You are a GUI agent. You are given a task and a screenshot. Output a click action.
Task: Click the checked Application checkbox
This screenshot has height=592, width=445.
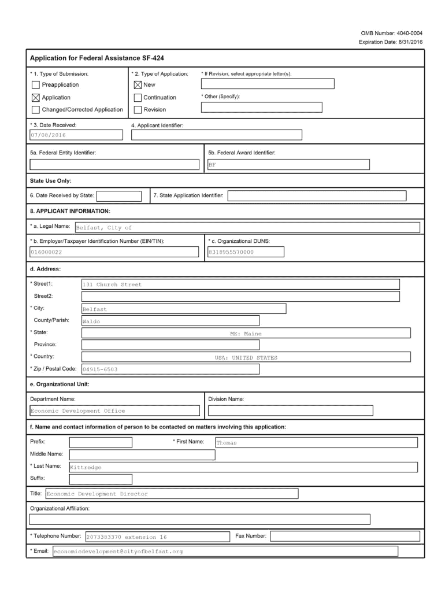pos(36,97)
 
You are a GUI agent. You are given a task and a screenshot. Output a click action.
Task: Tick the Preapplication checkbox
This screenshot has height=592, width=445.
pos(36,85)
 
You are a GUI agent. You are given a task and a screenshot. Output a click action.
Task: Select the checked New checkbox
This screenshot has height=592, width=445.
pos(138,85)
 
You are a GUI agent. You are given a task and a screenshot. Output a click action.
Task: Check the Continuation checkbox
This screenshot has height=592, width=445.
pos(138,97)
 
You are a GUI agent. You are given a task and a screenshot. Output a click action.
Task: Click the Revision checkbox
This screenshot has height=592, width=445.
pos(138,109)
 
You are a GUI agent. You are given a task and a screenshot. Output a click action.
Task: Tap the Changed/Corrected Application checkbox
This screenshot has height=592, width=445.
pos(36,109)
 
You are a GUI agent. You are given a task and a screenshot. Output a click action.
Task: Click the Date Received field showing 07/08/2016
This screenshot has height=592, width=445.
pos(75,135)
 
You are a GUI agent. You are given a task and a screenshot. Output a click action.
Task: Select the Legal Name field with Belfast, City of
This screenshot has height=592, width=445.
pos(247,227)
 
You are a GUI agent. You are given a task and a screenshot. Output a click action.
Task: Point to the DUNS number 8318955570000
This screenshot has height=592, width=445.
pos(245,251)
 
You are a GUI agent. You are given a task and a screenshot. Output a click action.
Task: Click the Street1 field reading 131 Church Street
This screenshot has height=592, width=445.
pos(240,284)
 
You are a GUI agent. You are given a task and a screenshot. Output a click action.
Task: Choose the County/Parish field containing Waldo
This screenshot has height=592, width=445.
pos(170,321)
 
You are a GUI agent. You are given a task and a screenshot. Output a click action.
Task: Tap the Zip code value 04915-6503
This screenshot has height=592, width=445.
pos(170,369)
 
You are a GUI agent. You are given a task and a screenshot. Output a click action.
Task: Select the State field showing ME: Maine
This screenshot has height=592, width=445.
pos(246,333)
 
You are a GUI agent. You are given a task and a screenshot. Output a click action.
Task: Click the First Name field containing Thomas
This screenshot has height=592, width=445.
pos(316,443)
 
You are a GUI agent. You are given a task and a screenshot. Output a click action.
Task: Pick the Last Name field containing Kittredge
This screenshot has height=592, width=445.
pos(243,467)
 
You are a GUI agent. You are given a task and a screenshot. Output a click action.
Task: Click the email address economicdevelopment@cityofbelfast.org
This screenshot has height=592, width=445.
pos(225,551)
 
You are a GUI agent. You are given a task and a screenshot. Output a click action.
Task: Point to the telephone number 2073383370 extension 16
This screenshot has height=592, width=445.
pos(155,536)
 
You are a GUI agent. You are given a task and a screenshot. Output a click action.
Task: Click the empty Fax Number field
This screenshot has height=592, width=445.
pos(344,536)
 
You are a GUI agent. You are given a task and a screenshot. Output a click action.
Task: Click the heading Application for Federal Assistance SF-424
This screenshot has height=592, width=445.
pos(98,58)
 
